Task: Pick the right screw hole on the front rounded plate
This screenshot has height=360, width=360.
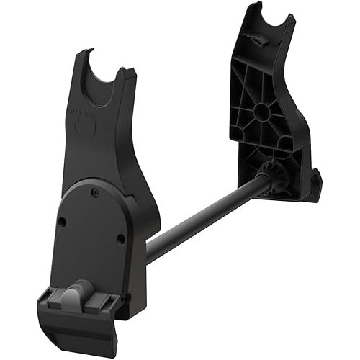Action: pyautogui.click(x=120, y=238)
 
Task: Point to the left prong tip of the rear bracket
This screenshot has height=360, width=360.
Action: pyautogui.click(x=253, y=9)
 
